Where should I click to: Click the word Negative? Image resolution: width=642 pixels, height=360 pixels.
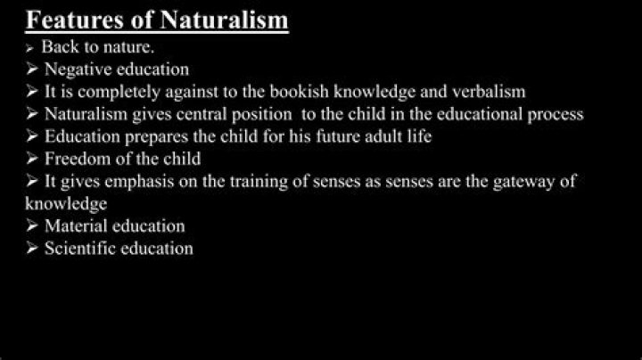78,69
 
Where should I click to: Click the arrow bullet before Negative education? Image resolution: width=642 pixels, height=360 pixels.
32,69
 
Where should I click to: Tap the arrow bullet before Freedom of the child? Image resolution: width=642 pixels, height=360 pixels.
32,159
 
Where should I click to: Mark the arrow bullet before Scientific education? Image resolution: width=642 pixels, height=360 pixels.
32,249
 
